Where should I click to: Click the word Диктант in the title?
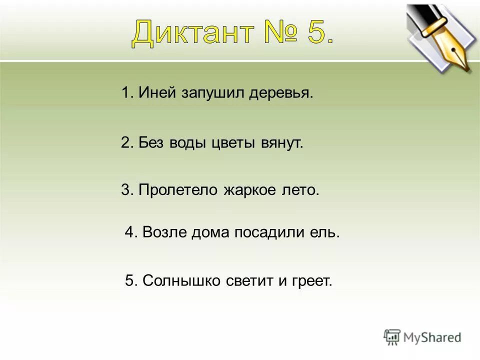click(x=192, y=33)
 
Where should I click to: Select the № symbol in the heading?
click(x=274, y=33)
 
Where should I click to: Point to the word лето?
click(x=299, y=190)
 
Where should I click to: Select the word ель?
click(x=326, y=232)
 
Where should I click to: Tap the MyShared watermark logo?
click(x=422, y=337)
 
